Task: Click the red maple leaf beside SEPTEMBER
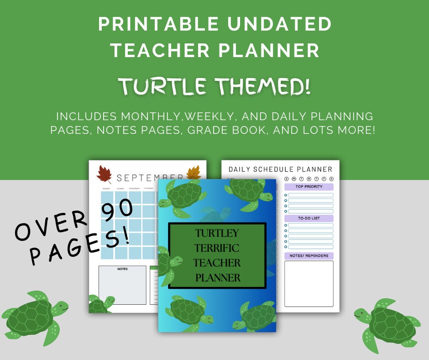tap(105, 175)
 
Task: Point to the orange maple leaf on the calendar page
tap(194, 173)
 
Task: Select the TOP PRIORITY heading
tap(309, 187)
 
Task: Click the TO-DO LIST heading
tap(309, 218)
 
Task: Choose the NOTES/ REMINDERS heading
tap(309, 256)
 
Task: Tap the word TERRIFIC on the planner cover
tap(217, 248)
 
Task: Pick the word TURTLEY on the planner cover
tap(217, 233)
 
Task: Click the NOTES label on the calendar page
tap(122, 269)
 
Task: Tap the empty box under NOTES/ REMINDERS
tap(309, 284)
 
